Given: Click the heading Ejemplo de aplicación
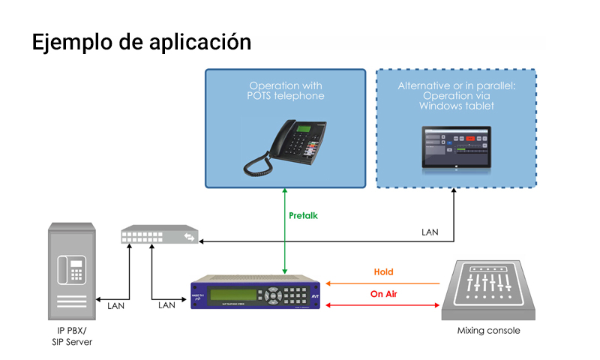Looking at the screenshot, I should coord(141,43).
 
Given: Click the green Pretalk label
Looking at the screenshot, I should coord(303,216).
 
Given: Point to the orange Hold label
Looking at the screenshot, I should coord(383,272).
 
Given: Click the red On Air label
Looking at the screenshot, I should coord(382,294).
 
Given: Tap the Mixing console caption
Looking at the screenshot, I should coord(488,331).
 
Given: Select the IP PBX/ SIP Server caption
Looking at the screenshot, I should coord(73,337).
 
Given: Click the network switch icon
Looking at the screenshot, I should coord(159,237).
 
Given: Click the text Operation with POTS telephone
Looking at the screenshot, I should coord(286,91).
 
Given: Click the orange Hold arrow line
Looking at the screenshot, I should coord(382,283).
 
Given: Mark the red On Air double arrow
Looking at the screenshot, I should coord(382,305).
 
